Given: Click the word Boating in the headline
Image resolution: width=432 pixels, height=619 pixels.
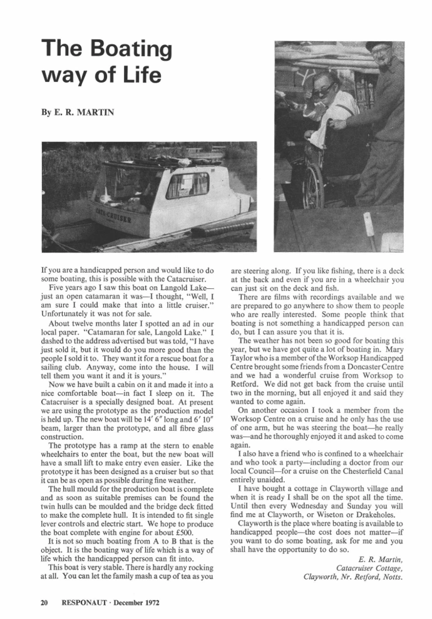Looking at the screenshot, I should pos(130,48).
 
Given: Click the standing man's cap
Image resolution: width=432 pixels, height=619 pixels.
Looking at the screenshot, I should pos(378,46).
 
